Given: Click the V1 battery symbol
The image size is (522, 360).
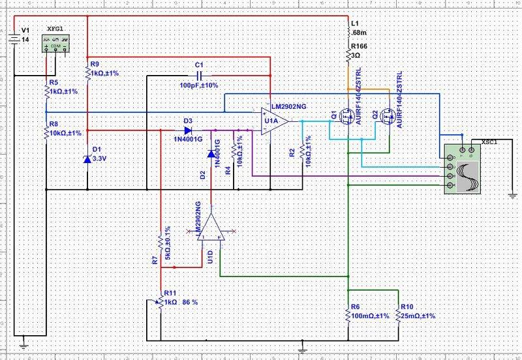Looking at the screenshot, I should click(12, 40).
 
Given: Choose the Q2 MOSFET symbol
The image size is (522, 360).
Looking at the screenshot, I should click(386, 119).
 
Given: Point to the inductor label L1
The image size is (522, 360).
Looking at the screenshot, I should click(355, 23).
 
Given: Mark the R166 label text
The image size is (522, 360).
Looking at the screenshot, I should click(360, 47).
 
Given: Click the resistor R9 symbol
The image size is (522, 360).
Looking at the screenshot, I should click(87, 71).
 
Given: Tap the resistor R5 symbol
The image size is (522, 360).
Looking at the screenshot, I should click(46, 92).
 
